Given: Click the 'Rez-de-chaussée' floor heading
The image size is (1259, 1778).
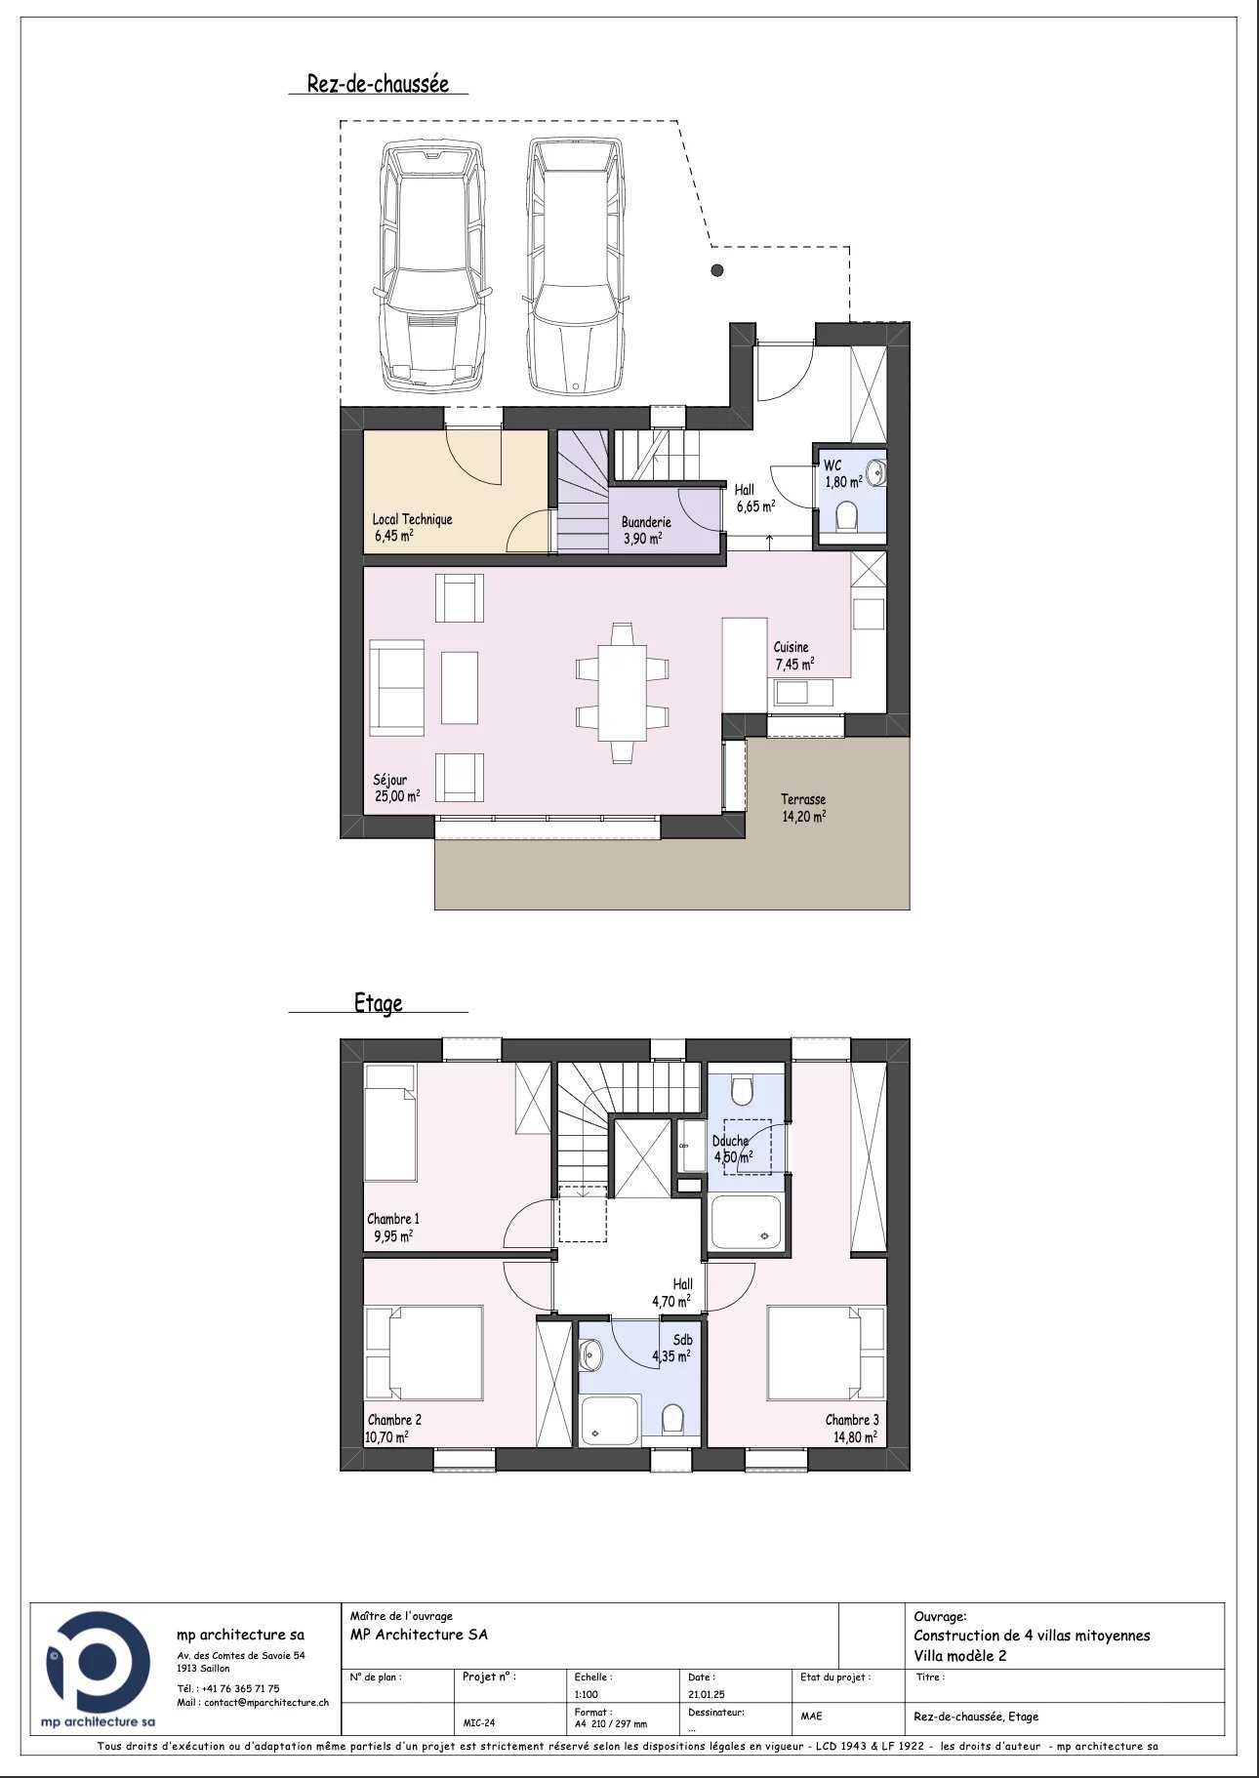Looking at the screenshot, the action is pyautogui.click(x=378, y=83).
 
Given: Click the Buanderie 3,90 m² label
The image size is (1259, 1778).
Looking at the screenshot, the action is pyautogui.click(x=646, y=530).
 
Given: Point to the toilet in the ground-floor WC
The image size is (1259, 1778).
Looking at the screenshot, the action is pyautogui.click(x=846, y=515).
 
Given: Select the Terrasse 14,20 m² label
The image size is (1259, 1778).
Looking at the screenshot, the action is pyautogui.click(x=803, y=808).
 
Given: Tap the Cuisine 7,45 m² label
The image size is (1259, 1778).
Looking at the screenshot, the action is pyautogui.click(x=792, y=656).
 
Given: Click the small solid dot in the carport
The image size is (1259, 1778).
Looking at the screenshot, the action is pyautogui.click(x=717, y=270).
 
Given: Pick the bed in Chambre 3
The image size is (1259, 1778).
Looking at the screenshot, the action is pyautogui.click(x=826, y=1353).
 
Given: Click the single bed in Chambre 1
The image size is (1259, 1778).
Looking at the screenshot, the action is pyautogui.click(x=390, y=1122).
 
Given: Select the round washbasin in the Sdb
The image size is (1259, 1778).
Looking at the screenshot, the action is pyautogui.click(x=590, y=1354).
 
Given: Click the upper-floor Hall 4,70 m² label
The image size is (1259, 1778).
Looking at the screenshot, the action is pyautogui.click(x=672, y=1292).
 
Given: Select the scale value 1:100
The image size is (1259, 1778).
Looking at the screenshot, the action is pyautogui.click(x=587, y=1695).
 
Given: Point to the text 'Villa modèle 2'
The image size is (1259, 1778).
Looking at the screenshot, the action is pyautogui.click(x=959, y=1655).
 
